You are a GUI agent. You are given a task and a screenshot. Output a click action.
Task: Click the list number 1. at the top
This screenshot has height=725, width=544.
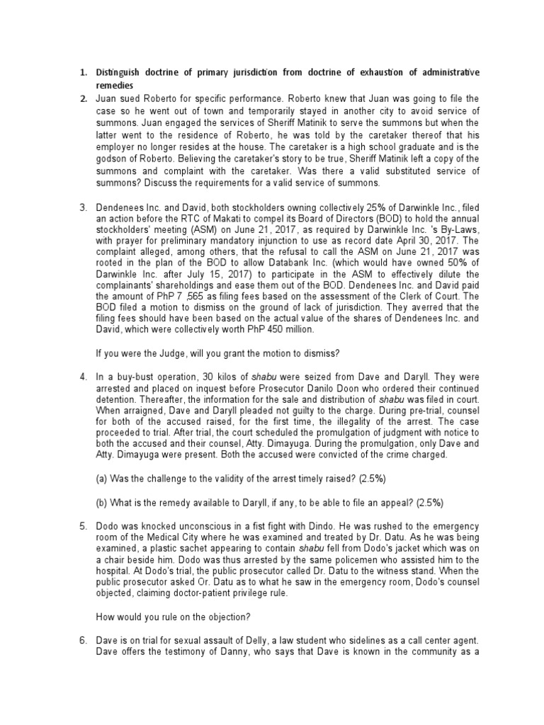pos(82,72)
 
